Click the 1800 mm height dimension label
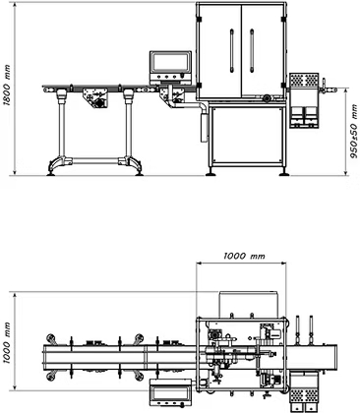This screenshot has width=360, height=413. [7, 86]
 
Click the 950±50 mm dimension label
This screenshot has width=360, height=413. [354, 131]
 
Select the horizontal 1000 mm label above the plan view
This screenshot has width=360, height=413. [244, 256]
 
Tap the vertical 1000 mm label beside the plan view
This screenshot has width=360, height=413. [7, 342]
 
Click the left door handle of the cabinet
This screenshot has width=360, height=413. [232, 50]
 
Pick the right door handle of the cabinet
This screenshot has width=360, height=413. [252, 50]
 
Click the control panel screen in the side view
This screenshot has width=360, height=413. [170, 62]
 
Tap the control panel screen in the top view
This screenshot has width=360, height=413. [170, 392]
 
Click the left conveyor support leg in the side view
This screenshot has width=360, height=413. [61, 126]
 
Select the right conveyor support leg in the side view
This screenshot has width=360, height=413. [129, 126]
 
